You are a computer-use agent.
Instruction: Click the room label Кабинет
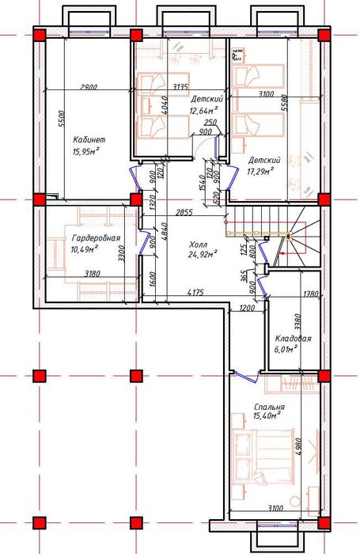click(89, 139)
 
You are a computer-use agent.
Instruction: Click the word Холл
click(199, 245)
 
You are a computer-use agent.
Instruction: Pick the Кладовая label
click(293, 338)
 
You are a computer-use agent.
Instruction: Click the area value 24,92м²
click(203, 255)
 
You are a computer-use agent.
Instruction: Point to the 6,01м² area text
click(285, 347)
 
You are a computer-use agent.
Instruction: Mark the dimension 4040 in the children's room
click(164, 105)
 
